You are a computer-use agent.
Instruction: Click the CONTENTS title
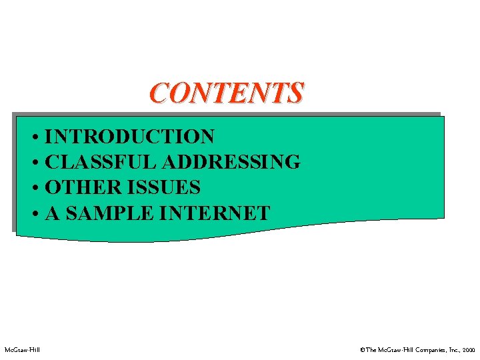coord(226,93)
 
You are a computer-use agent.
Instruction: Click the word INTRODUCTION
coord(130,137)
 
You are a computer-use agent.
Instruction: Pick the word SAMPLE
coord(106,213)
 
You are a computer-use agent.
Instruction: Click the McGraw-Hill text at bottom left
coord(21,350)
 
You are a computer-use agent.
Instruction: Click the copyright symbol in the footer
coord(362,350)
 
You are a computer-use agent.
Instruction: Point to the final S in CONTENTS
coord(295,93)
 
